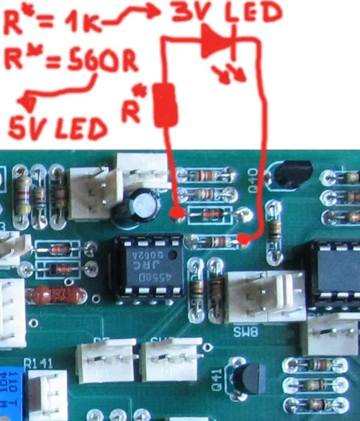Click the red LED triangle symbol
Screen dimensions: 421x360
[x=215, y=42]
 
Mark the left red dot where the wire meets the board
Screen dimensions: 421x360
[x=177, y=213]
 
